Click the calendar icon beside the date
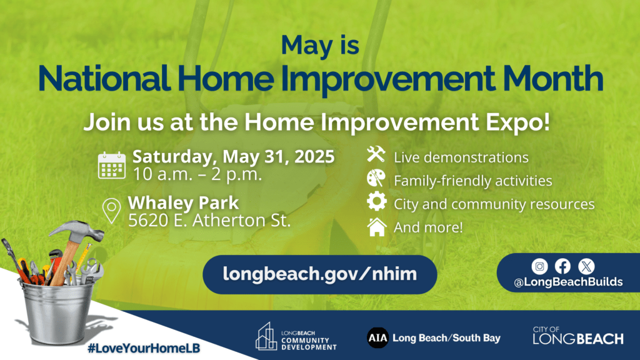(112, 165)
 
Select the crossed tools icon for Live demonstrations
(376, 154)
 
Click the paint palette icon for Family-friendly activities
(376, 178)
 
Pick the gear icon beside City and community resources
(376, 201)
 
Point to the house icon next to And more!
(377, 227)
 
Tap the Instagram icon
(539, 266)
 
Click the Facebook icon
(562, 266)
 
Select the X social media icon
(586, 266)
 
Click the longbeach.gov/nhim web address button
(319, 274)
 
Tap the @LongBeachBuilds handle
(568, 282)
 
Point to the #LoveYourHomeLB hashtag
(144, 348)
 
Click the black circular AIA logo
(377, 337)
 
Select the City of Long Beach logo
(578, 336)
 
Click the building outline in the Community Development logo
(266, 336)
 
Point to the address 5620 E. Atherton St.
(209, 221)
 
